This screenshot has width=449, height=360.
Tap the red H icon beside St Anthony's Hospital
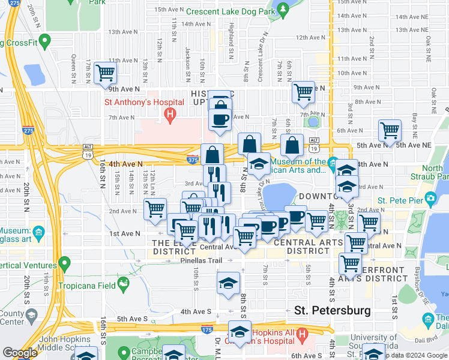(171, 114)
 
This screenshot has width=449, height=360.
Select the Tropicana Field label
(90, 284)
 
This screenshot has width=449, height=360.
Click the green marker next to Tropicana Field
(123, 282)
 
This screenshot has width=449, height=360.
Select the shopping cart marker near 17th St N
(106, 73)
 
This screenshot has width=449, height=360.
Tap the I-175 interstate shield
(206, 329)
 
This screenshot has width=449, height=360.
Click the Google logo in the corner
(20, 353)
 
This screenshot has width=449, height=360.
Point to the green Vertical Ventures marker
(62, 263)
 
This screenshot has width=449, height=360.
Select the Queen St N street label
(73, 63)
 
